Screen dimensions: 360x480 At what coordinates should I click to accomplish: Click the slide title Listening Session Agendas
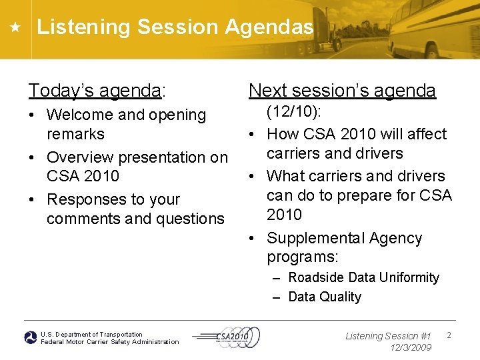(x=175, y=27)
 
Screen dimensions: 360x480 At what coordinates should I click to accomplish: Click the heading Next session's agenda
(x=342, y=90)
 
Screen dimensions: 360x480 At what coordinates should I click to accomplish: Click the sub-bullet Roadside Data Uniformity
(x=363, y=277)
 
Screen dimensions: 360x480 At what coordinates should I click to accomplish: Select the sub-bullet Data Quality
(x=324, y=297)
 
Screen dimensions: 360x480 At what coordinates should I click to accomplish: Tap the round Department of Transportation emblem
(x=31, y=338)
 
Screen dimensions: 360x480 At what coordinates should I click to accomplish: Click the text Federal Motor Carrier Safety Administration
(x=110, y=342)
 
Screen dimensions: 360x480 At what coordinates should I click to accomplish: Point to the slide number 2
(x=449, y=335)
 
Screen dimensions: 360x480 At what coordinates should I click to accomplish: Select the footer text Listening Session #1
(x=388, y=336)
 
